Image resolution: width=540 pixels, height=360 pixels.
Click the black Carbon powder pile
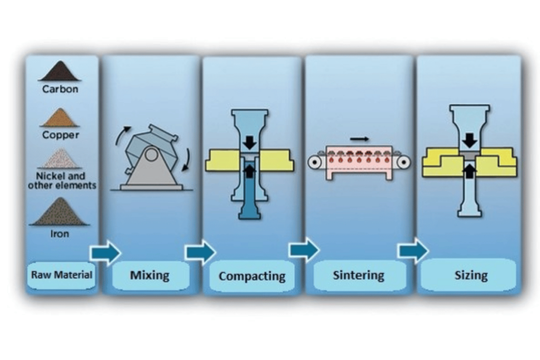60,72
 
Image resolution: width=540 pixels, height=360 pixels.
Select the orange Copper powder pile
60,119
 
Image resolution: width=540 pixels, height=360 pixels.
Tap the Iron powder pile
60,213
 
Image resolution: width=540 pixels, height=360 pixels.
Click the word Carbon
60,89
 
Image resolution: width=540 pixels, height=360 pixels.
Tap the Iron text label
60,233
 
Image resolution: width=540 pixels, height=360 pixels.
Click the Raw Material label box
62,275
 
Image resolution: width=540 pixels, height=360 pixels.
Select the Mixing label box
150,275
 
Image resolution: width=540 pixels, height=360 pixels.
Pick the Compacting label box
252,276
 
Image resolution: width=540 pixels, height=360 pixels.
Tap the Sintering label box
359,275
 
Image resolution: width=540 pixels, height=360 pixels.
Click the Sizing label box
471,275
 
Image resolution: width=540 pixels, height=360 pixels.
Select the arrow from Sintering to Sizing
413,250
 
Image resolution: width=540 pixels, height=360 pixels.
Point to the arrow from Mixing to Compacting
200,252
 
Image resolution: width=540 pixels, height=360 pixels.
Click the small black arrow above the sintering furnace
360,139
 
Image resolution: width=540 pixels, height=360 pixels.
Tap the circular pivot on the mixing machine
151,154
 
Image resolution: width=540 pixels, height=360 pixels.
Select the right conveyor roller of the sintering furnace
404,162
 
